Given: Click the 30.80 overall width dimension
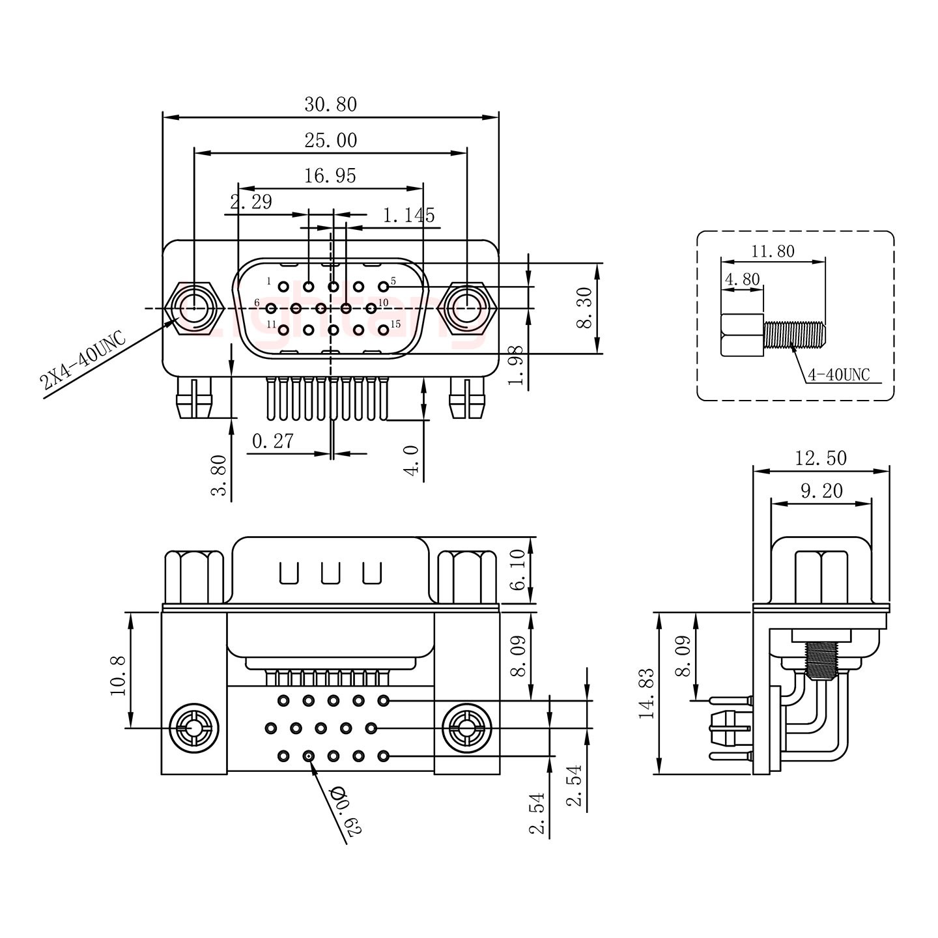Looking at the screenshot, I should tap(330, 104).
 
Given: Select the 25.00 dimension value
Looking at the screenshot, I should tap(330, 140).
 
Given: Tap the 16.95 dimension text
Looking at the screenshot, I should tap(330, 176).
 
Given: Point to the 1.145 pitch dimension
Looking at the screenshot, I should tap(408, 215).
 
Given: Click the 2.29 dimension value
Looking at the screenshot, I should tap(251, 202).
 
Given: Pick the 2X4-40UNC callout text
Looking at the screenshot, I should tap(81, 360).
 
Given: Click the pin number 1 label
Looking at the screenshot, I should tap(268, 281).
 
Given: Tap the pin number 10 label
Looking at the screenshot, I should tap(383, 303).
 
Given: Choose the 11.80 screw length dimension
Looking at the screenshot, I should tap(773, 251).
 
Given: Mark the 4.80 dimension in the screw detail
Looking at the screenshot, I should tap(741, 279).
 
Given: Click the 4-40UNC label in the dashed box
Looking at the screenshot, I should tap(838, 375).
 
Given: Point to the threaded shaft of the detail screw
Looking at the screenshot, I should tap(795, 335).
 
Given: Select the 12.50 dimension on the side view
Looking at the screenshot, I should tap(821, 459).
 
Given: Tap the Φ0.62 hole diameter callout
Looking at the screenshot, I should tap(345, 811).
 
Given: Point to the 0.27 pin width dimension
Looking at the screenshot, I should tap(272, 442).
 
